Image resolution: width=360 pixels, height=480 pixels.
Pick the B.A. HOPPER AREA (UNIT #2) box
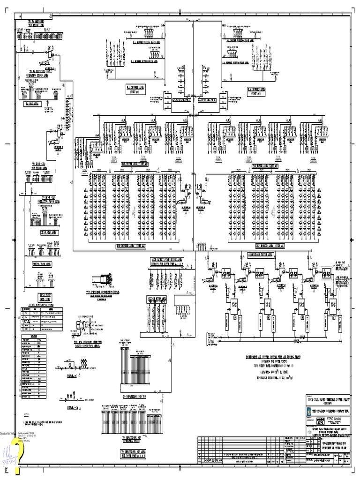(x=256, y=90)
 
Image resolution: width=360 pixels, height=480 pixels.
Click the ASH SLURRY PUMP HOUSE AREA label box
(x=167, y=261)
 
